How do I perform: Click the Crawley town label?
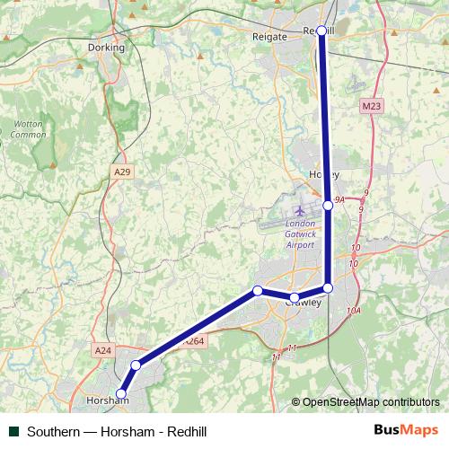tap(303, 303)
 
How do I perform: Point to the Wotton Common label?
tap(28, 129)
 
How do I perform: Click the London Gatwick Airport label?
tap(300, 234)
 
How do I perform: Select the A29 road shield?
tap(122, 171)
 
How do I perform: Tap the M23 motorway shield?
tap(373, 106)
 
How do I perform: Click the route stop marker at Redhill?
tap(321, 31)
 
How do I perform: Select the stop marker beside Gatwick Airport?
tap(328, 206)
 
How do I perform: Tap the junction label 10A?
tap(353, 311)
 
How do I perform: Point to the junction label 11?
tap(291, 348)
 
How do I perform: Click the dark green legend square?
tap(13, 430)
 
